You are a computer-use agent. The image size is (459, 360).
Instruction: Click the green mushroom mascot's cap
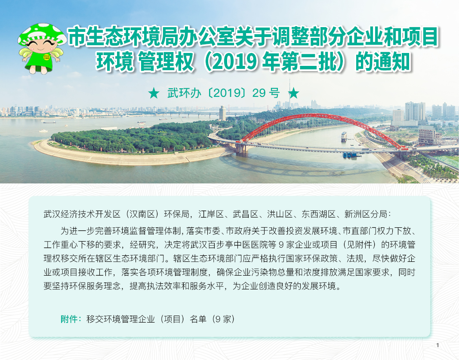click(42, 34)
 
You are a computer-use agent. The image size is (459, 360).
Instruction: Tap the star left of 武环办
click(154, 93)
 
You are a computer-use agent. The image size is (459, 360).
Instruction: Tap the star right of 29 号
click(293, 93)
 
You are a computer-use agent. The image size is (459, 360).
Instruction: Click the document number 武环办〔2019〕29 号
click(223, 93)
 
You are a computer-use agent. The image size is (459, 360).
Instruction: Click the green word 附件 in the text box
click(69, 319)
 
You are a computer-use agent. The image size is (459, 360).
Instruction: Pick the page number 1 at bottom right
click(437, 345)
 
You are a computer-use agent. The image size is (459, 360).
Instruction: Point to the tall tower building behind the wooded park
click(222, 113)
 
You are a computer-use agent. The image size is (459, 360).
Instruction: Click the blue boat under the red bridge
click(351, 155)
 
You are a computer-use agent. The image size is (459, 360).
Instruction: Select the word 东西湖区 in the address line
click(318, 214)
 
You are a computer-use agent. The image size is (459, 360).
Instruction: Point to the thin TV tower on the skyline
click(290, 94)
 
